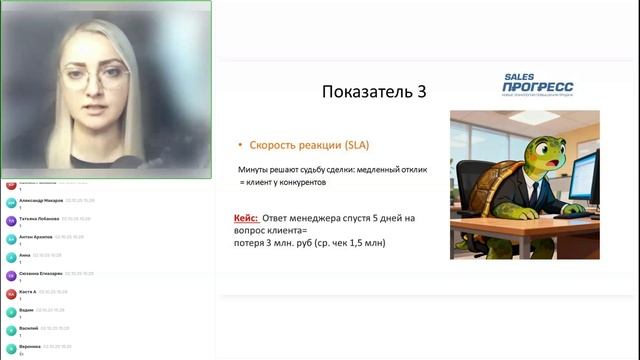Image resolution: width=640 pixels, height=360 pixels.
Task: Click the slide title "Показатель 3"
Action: pyautogui.click(x=374, y=92)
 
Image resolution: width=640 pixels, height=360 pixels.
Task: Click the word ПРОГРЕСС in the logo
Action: pyautogui.click(x=537, y=88)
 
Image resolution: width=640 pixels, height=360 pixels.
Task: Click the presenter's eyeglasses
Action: pyautogui.click(x=98, y=78)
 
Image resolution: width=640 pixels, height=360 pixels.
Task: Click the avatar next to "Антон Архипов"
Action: pyautogui.click(x=11, y=238)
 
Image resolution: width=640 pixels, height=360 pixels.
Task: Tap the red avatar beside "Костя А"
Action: pyautogui.click(x=11, y=293)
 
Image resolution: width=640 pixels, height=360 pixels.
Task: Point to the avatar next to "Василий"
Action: pyautogui.click(x=11, y=330)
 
